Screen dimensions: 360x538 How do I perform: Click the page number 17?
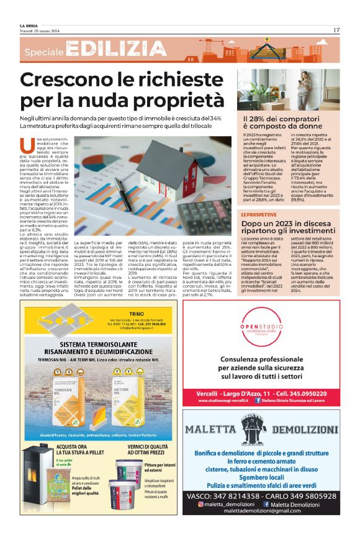(336, 29)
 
